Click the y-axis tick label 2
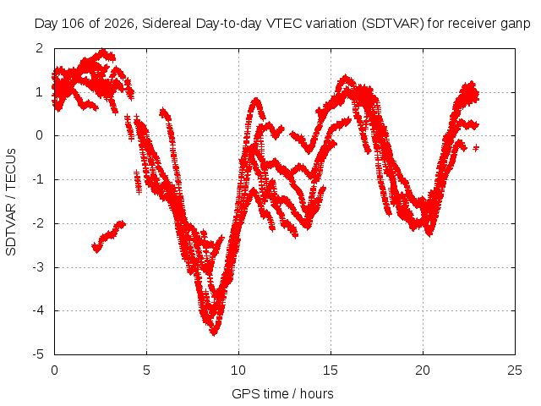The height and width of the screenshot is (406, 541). point(40,48)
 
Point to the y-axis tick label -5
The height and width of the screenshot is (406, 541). point(38,354)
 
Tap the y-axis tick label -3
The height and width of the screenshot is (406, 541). point(38,267)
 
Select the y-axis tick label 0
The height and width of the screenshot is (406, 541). point(40,135)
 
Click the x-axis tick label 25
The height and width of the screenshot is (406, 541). point(515,370)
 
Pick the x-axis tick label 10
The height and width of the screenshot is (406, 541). point(238,370)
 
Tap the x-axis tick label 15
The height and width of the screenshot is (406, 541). point(331,370)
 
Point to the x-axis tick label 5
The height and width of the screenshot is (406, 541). point(146,370)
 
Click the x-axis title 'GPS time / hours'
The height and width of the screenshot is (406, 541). point(282,393)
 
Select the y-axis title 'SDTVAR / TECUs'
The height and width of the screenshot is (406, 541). point(11,202)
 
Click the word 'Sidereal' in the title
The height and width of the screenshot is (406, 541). point(167,24)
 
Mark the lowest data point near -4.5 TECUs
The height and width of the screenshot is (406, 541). point(214,333)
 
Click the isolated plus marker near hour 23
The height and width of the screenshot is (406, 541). point(476,148)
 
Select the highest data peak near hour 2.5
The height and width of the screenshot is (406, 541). point(103,51)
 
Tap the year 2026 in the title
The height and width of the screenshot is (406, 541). point(119,24)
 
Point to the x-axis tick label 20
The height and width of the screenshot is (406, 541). point(423,370)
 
